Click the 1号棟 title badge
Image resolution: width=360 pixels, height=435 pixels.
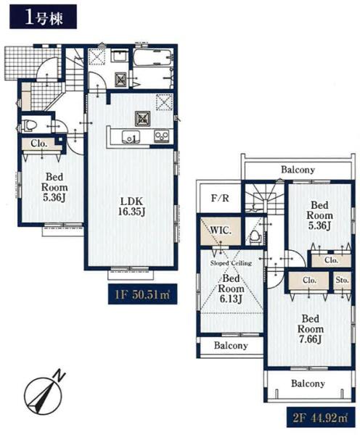click(x=43, y=17)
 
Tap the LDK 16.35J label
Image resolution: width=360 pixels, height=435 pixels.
click(x=131, y=207)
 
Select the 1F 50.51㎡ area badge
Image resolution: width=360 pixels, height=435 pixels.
click(x=142, y=294)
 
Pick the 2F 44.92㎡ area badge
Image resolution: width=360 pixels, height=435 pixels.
click(x=321, y=418)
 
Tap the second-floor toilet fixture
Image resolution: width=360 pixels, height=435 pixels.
click(x=255, y=236)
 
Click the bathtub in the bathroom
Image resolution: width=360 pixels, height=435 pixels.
click(x=152, y=58)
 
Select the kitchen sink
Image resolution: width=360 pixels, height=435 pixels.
click(x=131, y=137)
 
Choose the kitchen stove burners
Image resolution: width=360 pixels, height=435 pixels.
click(x=162, y=136)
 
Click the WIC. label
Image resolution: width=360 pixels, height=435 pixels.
click(x=221, y=231)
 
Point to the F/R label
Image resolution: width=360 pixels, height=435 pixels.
click(x=220, y=198)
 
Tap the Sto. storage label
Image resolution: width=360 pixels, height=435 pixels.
click(x=342, y=280)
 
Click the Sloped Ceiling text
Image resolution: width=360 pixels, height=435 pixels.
click(x=231, y=263)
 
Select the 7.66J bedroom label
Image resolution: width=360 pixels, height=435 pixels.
click(x=310, y=339)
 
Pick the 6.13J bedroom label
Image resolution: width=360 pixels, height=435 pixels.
click(x=231, y=299)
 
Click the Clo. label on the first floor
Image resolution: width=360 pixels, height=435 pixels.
click(x=39, y=144)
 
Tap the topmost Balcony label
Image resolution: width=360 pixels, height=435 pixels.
click(x=298, y=170)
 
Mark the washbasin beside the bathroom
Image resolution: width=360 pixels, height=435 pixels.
click(x=120, y=57)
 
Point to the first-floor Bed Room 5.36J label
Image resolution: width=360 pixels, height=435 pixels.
click(x=54, y=187)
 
